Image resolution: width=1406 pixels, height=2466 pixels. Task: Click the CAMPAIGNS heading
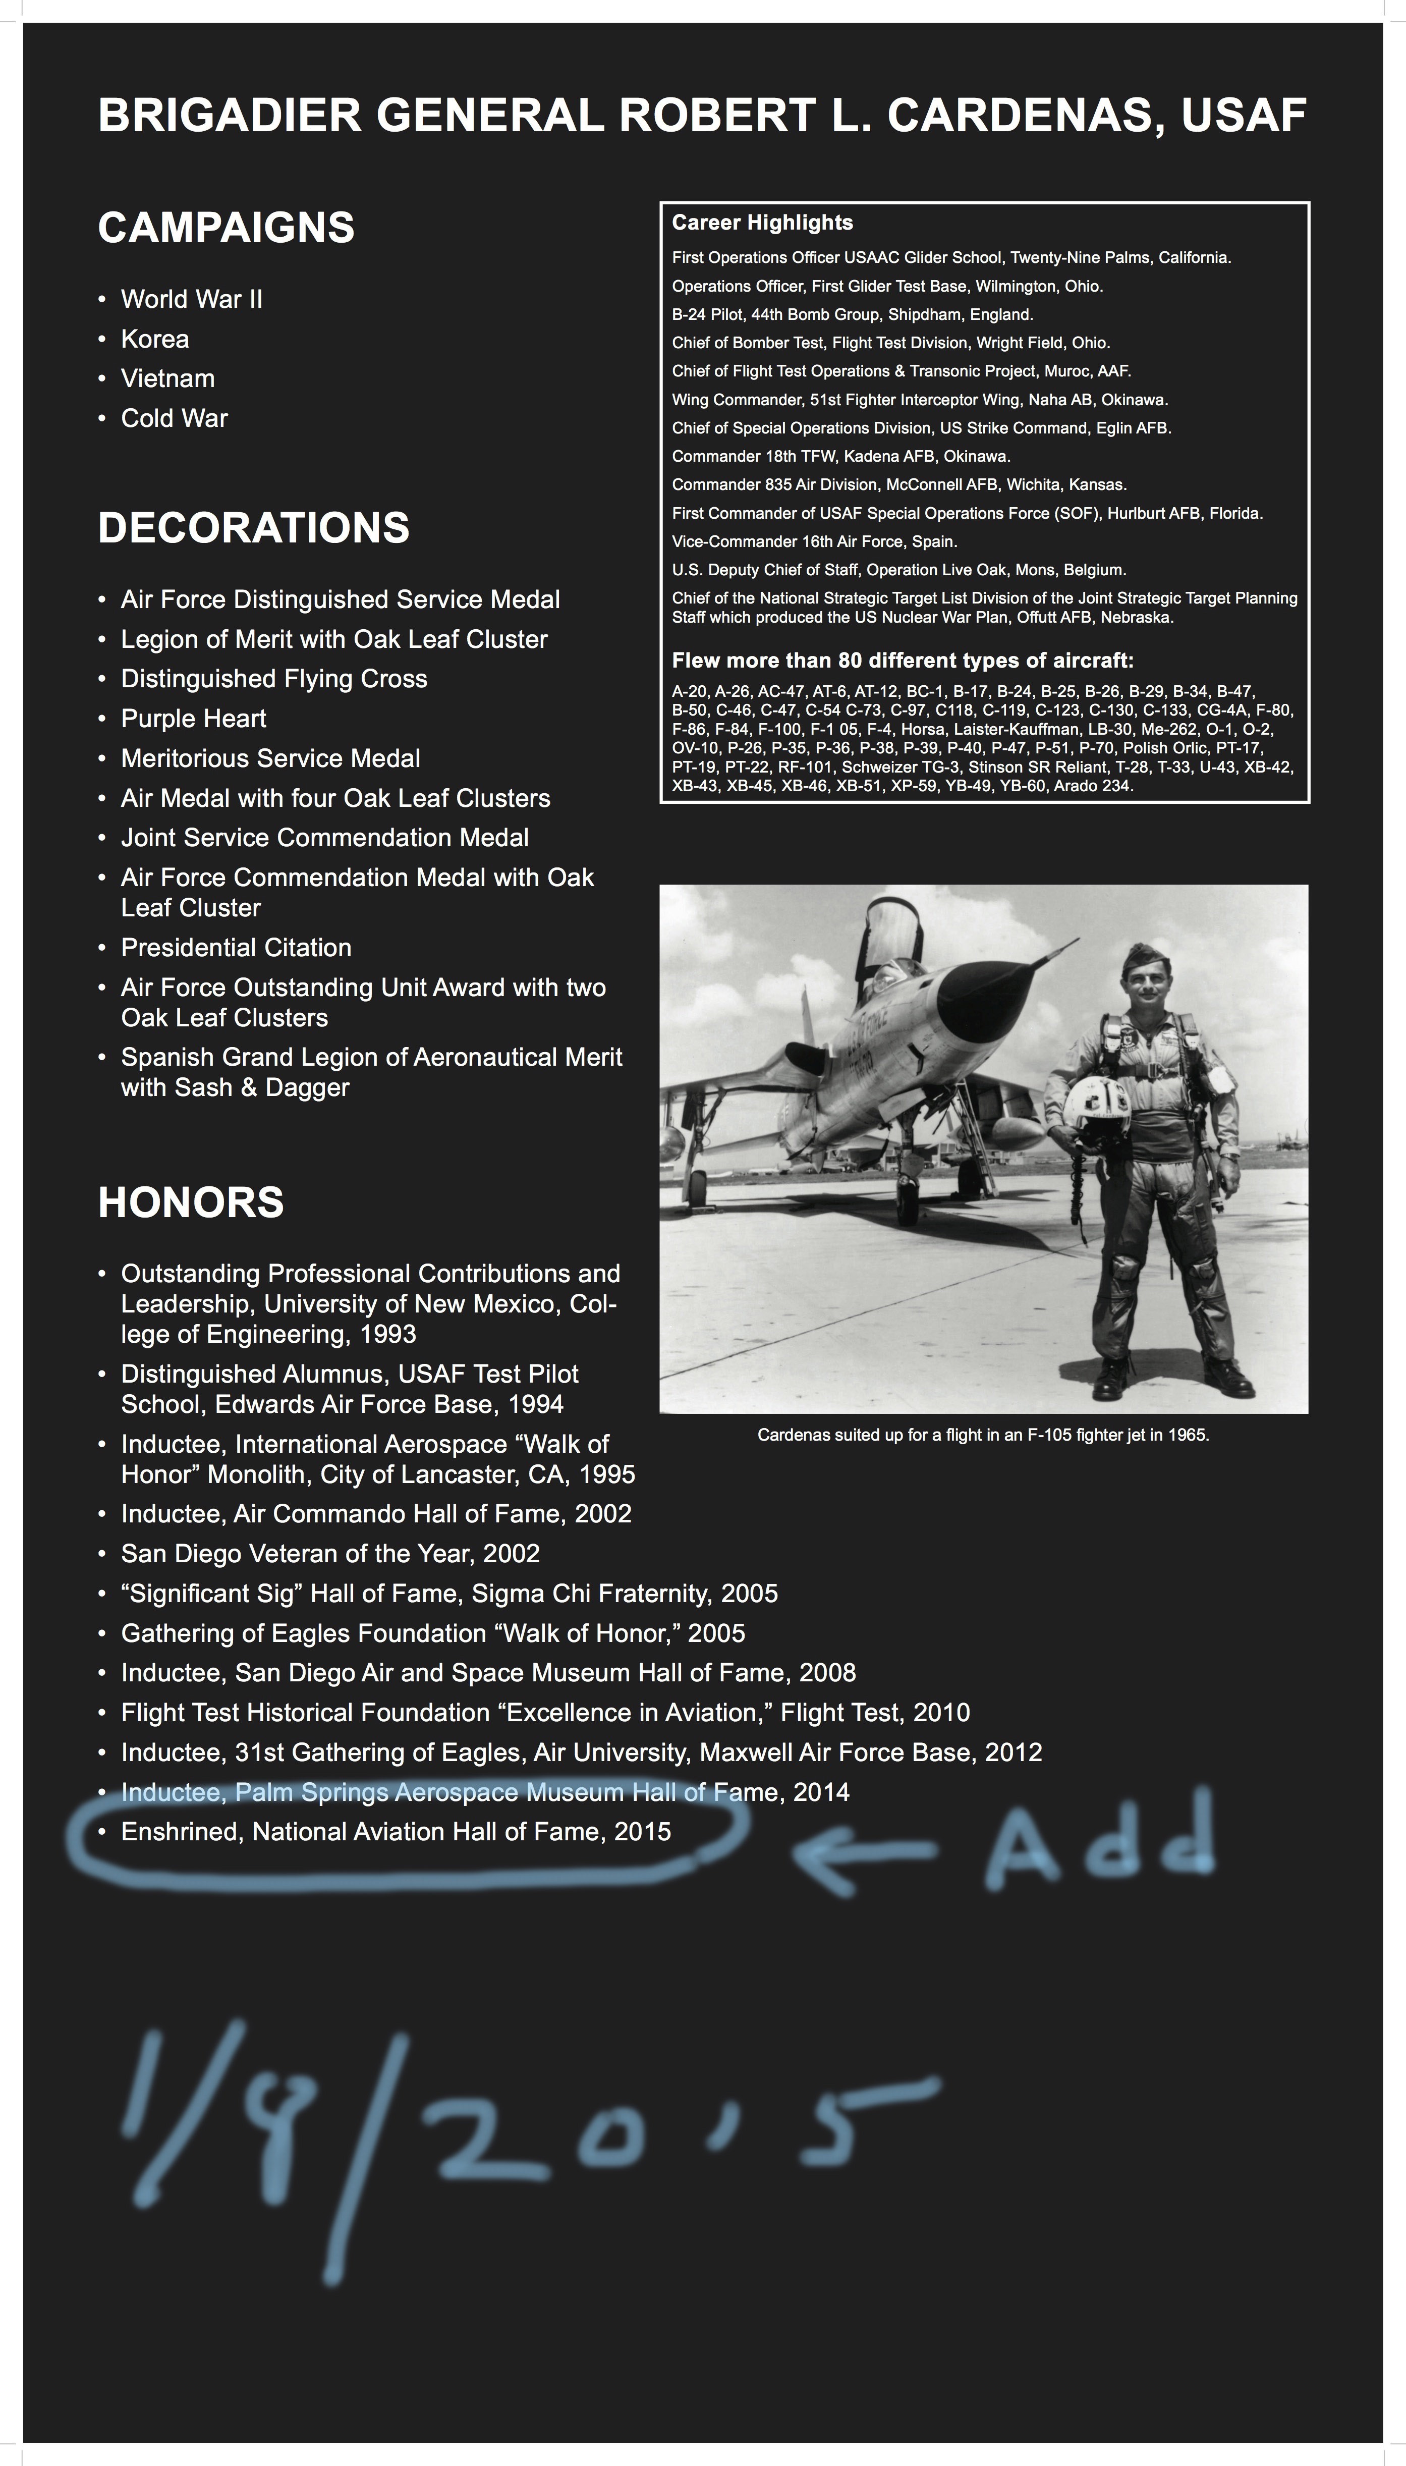point(226,228)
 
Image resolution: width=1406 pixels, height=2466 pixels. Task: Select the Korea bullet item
point(154,339)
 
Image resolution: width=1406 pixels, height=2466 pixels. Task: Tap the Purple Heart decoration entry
point(193,719)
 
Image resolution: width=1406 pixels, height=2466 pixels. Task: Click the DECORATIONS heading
point(253,528)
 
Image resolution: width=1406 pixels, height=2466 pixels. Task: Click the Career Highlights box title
point(762,223)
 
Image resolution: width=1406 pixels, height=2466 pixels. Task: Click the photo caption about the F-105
point(983,1436)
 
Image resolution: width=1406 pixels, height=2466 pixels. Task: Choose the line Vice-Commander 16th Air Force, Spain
point(814,542)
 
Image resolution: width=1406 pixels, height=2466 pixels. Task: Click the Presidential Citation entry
point(236,948)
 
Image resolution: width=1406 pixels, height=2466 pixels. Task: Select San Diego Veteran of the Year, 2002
point(330,1553)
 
